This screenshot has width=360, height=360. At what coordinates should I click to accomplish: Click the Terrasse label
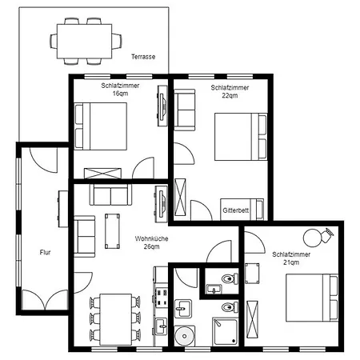143,57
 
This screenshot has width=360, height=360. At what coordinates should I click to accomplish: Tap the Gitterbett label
236,210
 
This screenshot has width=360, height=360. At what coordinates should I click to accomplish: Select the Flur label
45,252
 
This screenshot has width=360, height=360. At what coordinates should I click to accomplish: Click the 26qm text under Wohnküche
152,246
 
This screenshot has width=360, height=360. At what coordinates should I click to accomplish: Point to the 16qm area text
120,94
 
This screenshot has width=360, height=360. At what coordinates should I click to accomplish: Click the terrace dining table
84,42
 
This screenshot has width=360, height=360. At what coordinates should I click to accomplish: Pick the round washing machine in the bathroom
184,336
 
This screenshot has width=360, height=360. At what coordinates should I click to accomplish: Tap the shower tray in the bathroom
225,331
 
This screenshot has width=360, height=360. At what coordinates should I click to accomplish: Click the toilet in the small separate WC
230,278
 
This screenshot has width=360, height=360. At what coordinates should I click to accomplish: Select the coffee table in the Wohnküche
112,231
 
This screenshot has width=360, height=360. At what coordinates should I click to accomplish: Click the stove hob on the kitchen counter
161,297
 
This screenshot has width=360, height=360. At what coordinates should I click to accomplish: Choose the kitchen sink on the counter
161,326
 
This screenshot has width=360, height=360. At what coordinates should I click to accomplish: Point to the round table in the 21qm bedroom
312,238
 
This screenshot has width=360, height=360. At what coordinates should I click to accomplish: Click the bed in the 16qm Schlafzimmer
100,126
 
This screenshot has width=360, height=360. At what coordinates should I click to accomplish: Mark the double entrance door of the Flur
45,300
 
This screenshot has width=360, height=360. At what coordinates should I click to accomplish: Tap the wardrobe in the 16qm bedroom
102,174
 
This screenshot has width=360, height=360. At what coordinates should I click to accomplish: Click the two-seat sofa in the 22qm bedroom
185,110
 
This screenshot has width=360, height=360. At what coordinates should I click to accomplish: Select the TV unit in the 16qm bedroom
162,106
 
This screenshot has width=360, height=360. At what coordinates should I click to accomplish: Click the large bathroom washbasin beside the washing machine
183,309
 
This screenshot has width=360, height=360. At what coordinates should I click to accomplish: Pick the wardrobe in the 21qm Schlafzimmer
252,319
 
